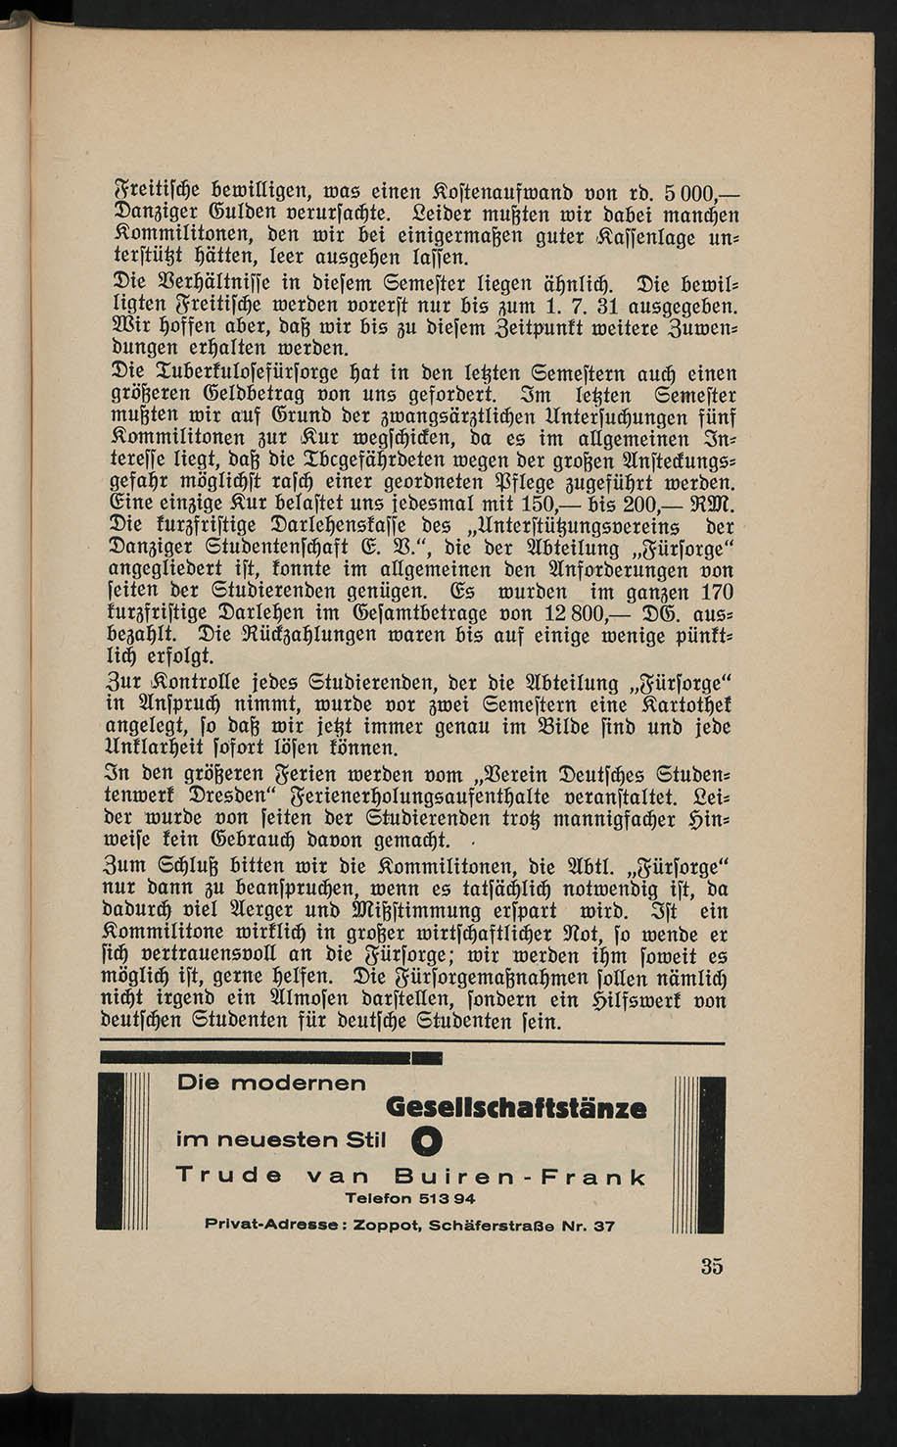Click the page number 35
click(x=712, y=1266)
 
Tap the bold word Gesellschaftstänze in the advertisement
click(x=516, y=1108)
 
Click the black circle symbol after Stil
click(x=427, y=1141)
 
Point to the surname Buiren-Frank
click(x=520, y=1177)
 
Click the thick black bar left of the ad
click(x=108, y=1151)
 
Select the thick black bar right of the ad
click(x=712, y=1154)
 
